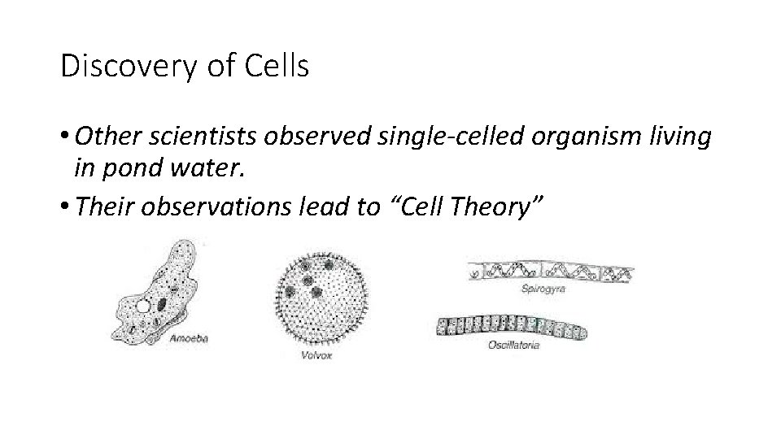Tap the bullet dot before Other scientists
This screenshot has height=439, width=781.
[x=66, y=138]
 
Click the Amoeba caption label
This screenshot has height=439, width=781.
[x=189, y=339]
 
